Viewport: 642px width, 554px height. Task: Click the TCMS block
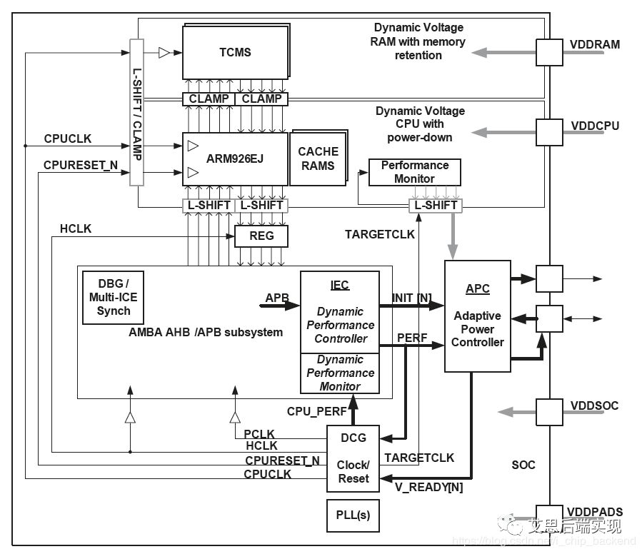tap(235, 53)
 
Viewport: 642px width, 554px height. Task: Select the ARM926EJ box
tap(235, 158)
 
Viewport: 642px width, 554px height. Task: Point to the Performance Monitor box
tap(414, 172)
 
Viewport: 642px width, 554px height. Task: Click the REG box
tap(261, 236)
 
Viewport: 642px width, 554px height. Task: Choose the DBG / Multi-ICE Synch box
tap(114, 298)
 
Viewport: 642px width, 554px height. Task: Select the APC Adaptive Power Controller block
tap(477, 316)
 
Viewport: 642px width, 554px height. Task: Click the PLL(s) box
tap(353, 515)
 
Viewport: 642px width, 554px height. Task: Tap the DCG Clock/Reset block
tap(353, 458)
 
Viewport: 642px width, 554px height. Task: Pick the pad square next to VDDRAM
tap(549, 51)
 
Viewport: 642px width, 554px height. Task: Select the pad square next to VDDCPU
tap(549, 132)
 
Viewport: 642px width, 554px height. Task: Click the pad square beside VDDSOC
tap(549, 412)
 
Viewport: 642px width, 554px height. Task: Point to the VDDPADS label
tap(596, 512)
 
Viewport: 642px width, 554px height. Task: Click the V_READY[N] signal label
tap(429, 488)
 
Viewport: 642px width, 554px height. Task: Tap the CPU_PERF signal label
tap(316, 411)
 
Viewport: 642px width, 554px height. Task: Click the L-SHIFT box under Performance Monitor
tap(435, 206)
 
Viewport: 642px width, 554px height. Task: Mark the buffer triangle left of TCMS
tap(164, 52)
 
